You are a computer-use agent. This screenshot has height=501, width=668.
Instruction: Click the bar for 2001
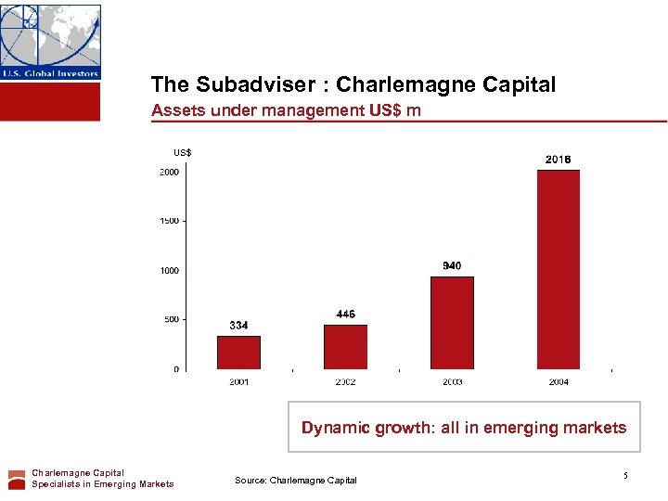coord(238,353)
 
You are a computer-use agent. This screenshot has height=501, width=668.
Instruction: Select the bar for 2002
coord(345,346)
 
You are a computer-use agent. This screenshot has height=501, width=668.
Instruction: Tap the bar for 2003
coord(452,323)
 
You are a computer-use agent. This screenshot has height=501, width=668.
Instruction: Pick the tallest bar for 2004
coord(558,269)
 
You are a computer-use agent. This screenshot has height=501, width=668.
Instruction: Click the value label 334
coord(238,326)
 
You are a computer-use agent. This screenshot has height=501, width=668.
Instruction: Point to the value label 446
coord(345,315)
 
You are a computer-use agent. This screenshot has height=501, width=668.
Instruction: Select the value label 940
coord(452,266)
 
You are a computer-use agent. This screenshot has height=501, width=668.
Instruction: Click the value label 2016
coord(558,160)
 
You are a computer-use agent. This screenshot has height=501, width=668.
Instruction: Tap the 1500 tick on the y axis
coord(169,221)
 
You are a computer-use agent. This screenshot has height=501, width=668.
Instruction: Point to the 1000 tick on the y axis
coord(169,271)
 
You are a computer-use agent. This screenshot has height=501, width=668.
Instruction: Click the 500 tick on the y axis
coord(171,319)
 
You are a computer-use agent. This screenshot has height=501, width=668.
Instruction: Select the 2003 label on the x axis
coord(452,381)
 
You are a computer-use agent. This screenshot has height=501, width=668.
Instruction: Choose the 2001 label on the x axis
coord(238,381)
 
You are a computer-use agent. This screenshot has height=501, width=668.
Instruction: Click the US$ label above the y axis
coord(183,152)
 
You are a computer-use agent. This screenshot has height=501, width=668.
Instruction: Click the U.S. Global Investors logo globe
coord(50,35)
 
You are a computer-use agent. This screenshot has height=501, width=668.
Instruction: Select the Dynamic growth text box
coord(464,428)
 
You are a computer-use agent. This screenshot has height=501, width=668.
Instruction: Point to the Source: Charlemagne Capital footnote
coord(295,480)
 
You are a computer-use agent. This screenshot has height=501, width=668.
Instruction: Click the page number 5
coord(625,476)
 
